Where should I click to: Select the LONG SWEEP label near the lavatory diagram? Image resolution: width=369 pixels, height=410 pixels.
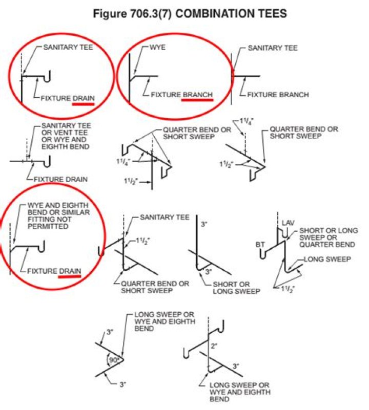(327, 260)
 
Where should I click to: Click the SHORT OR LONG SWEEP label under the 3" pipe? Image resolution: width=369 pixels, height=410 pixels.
(232, 288)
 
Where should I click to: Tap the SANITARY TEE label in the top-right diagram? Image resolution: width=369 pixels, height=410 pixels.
(273, 48)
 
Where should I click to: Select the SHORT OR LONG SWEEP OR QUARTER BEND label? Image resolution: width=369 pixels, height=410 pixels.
(328, 237)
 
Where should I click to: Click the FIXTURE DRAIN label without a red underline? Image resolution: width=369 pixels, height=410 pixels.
(60, 179)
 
